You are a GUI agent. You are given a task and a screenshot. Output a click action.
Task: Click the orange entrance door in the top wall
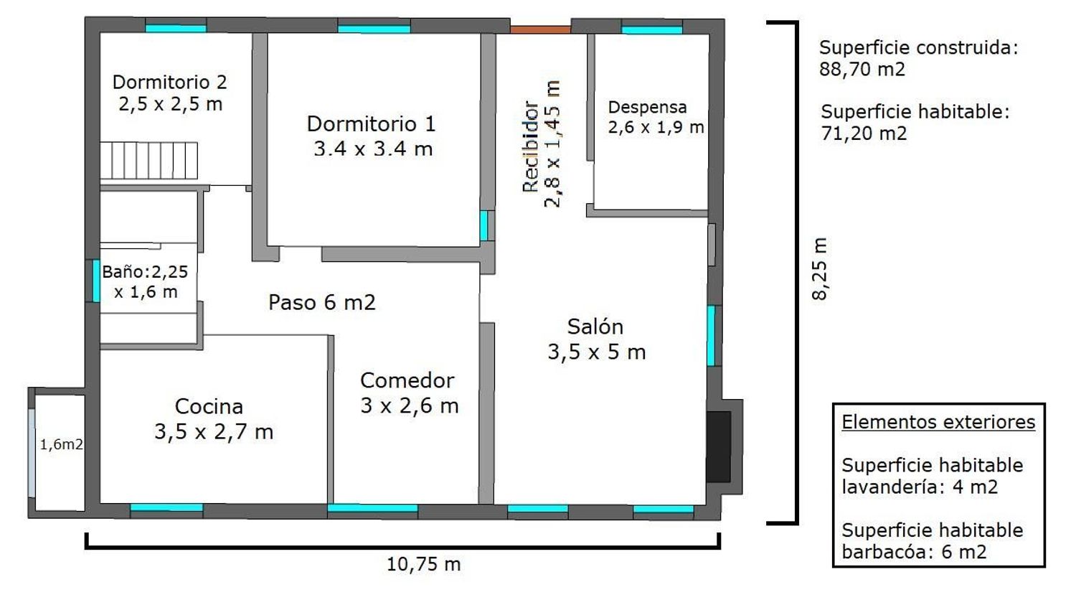(540, 30)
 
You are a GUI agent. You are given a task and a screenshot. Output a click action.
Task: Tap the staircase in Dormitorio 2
(149, 161)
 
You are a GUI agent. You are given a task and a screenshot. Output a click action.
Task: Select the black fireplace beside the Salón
(719, 446)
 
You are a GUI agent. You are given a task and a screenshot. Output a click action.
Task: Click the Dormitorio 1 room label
(372, 124)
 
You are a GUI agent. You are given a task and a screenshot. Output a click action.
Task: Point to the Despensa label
(647, 107)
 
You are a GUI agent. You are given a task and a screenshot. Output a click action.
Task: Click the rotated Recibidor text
(531, 146)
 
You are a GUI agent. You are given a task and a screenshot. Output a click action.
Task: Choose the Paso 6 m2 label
(322, 302)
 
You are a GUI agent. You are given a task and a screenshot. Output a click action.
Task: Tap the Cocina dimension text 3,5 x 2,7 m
(214, 431)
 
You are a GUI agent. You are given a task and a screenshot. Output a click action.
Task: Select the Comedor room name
(407, 380)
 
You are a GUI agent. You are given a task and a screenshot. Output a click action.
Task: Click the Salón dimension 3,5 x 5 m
(597, 352)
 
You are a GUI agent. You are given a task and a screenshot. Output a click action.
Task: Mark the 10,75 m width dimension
(424, 564)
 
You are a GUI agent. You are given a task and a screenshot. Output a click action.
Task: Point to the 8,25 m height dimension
(819, 268)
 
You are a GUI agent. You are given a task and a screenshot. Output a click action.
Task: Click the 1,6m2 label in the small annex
(61, 445)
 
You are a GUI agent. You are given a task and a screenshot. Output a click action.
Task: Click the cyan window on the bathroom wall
(96, 281)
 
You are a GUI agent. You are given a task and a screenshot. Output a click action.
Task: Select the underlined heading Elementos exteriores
(938, 422)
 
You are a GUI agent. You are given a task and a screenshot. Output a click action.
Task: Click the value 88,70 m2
(862, 70)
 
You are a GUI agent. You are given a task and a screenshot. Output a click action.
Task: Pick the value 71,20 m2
(864, 133)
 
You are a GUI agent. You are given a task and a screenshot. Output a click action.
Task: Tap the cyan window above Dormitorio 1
(374, 29)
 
